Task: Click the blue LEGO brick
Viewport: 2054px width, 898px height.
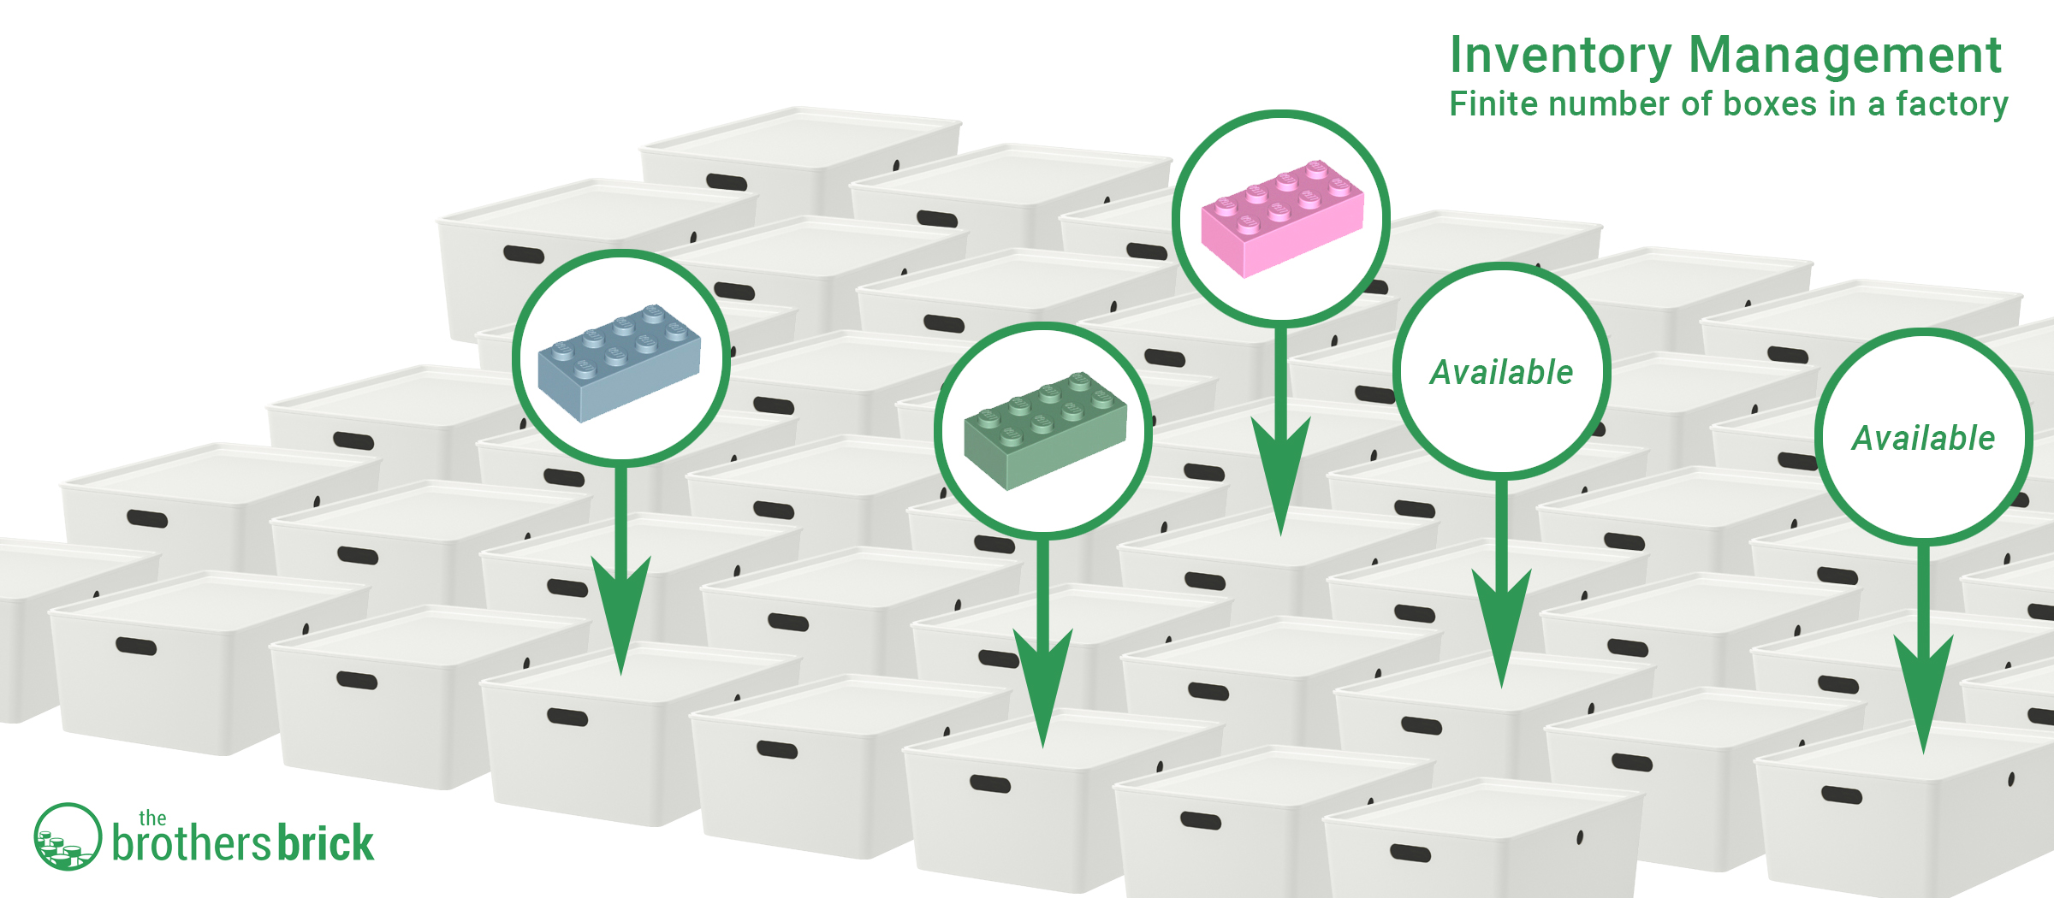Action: click(620, 362)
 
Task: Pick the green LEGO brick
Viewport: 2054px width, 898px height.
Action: click(1045, 430)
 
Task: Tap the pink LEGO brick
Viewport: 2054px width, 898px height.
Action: click(1282, 218)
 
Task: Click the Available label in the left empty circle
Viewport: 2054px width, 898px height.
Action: click(1502, 372)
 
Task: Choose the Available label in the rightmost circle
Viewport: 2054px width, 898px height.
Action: click(1924, 438)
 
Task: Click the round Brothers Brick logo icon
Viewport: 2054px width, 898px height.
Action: click(68, 836)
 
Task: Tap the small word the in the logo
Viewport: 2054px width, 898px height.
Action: click(152, 818)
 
